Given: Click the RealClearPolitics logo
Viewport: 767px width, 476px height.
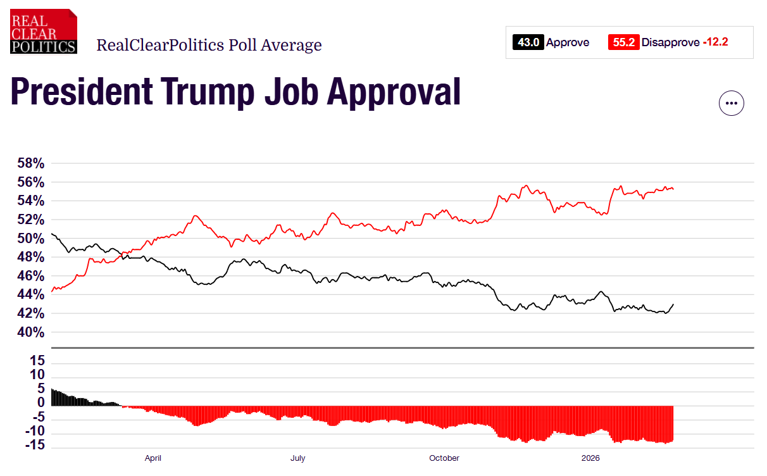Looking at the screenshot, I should [x=44, y=31].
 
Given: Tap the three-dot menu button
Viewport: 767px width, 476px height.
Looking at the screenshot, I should [x=731, y=103].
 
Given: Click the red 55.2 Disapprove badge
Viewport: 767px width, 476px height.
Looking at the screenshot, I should [x=623, y=42].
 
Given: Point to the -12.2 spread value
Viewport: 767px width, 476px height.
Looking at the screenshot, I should [x=715, y=42].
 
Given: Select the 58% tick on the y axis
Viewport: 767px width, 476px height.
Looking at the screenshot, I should [x=30, y=163].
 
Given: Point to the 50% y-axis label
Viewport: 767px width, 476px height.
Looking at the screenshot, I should [x=30, y=239].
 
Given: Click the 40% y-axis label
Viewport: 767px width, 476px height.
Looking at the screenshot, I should [x=30, y=332].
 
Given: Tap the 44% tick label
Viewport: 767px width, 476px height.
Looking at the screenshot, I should [x=30, y=295].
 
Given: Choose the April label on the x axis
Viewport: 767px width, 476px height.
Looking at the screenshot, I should [x=153, y=458].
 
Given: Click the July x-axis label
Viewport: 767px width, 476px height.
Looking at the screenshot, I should [x=297, y=458].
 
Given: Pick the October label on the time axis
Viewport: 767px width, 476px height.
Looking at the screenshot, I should [x=444, y=458].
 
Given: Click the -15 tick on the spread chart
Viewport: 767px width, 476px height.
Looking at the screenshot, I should [x=34, y=446].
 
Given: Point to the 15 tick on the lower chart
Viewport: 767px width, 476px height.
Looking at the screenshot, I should [x=37, y=361].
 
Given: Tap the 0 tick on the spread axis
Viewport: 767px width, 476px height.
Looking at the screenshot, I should [x=41, y=403].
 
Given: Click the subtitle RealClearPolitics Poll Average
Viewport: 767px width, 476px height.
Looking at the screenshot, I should [x=209, y=45].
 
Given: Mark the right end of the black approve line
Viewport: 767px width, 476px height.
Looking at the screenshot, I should [x=673, y=304].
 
